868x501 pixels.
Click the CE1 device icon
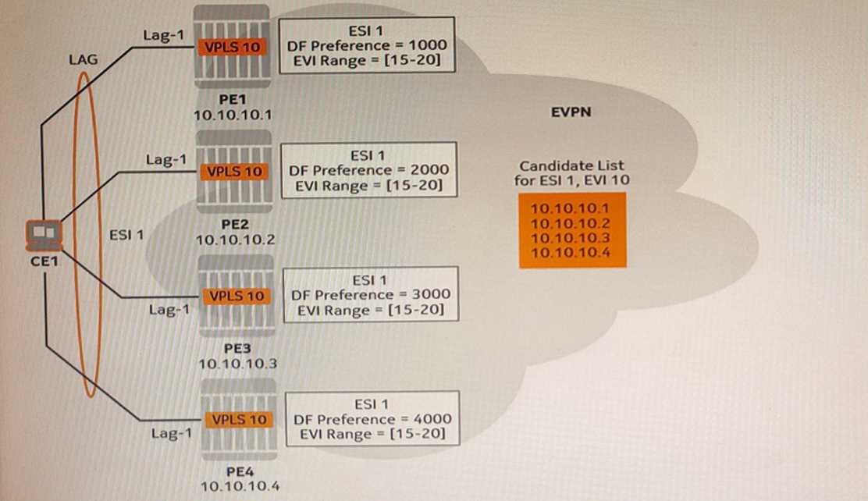[42, 233]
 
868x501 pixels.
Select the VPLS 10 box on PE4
[239, 420]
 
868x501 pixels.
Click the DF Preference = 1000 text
[367, 45]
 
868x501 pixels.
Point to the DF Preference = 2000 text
[368, 170]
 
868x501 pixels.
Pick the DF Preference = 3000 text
[370, 295]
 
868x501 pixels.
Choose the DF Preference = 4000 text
[372, 419]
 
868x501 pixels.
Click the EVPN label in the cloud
[571, 112]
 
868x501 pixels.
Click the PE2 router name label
[235, 223]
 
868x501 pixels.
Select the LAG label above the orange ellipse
[83, 57]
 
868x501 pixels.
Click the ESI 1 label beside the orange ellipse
[126, 233]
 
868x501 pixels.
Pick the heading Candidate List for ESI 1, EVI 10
[571, 173]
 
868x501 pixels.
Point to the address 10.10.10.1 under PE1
[233, 115]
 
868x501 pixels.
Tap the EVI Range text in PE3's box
[371, 311]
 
